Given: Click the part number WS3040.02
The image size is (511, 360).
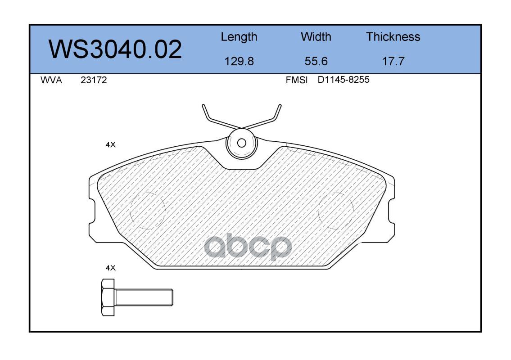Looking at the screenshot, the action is [115, 49].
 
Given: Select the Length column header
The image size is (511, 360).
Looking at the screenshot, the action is [239, 37].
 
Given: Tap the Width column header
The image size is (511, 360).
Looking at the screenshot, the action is [316, 36].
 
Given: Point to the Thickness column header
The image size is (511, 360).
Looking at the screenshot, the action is [393, 36].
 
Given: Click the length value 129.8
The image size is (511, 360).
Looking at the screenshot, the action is [239, 61].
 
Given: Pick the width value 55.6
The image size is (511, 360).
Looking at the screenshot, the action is [316, 61].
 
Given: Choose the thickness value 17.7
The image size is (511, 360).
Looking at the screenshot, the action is [393, 61].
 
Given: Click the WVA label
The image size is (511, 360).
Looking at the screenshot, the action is [51, 80].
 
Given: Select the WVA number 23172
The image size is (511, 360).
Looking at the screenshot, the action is [94, 80].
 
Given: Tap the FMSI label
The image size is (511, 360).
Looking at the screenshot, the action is [297, 80].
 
